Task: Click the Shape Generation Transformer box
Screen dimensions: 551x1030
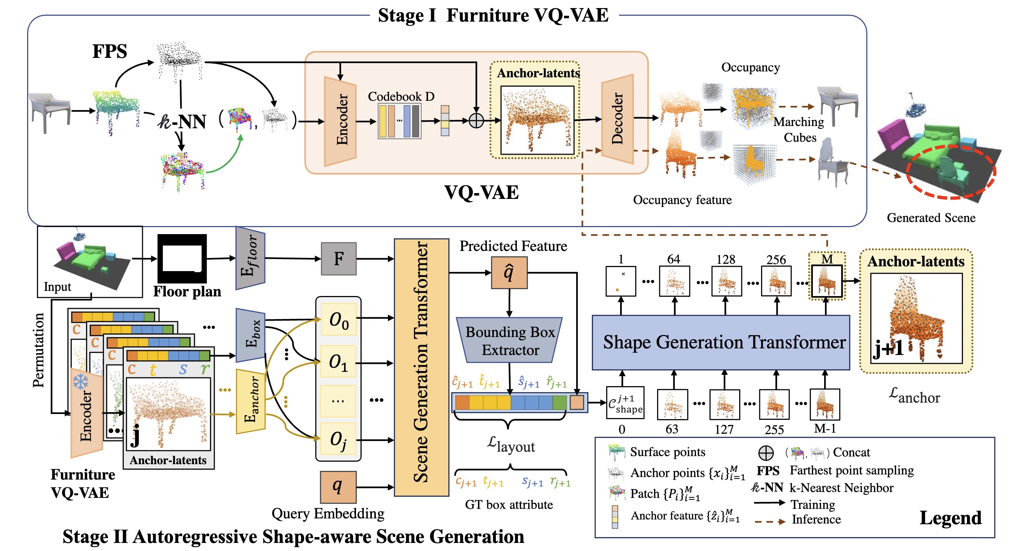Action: [720, 342]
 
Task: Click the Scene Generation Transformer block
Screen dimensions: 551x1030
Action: [422, 367]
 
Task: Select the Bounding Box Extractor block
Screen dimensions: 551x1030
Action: [510, 341]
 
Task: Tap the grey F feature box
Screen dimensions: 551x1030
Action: [339, 259]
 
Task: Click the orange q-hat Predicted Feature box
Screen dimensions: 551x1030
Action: [509, 273]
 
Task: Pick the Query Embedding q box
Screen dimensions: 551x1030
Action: [338, 487]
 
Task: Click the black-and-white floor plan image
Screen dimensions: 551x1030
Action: [182, 259]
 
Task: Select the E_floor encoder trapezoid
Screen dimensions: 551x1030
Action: [250, 258]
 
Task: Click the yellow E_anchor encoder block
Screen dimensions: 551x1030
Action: [251, 401]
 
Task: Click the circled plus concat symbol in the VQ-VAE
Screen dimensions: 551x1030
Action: [476, 121]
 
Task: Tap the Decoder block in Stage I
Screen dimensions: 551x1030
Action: [617, 119]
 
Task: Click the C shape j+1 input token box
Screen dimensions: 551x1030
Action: [625, 403]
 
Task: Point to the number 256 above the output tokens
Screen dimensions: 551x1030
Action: [776, 259]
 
